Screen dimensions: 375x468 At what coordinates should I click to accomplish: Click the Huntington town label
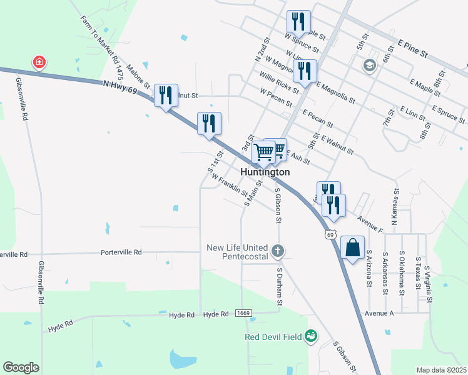coord(265,172)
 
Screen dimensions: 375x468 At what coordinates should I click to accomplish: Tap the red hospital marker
coord(39,62)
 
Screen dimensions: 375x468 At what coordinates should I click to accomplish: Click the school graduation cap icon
coord(369,65)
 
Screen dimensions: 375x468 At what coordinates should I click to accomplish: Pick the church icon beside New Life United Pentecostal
coord(278,251)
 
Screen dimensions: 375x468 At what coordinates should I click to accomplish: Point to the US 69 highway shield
coord(330,234)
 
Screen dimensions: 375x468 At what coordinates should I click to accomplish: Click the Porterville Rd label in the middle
coord(121,252)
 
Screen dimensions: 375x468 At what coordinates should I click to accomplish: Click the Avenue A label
coord(379,313)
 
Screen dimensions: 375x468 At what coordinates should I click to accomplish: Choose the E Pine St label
coord(412,47)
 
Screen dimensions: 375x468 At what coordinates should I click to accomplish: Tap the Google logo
coord(21,367)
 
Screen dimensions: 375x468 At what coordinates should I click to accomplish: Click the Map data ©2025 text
coord(441,370)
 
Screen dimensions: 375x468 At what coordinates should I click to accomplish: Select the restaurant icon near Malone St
coord(166,96)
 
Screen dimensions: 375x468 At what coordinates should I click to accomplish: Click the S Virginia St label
coord(429,284)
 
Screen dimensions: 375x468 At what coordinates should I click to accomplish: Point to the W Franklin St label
coord(229,186)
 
